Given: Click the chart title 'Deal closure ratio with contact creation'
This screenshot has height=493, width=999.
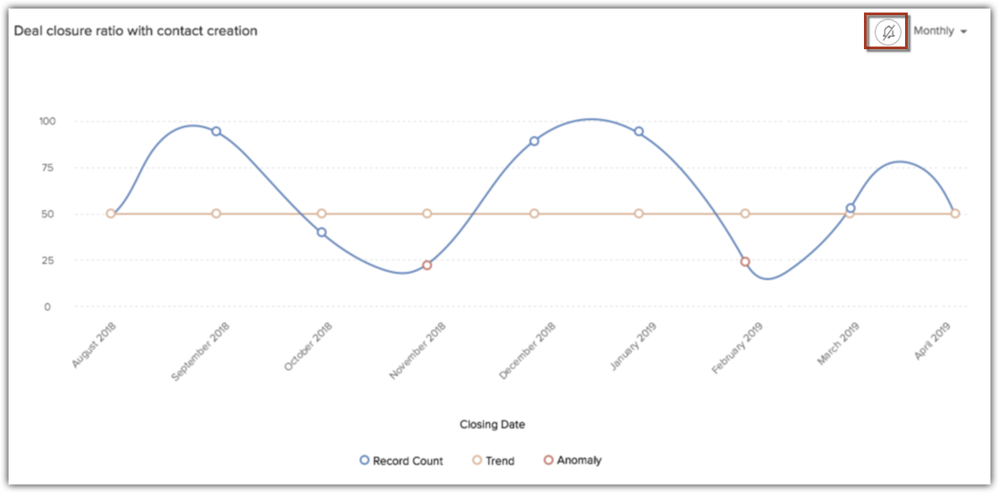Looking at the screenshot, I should tap(135, 31).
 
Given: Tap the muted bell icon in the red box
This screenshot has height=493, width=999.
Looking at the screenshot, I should tap(887, 32).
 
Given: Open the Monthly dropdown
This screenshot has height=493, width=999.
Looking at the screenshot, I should tap(939, 31).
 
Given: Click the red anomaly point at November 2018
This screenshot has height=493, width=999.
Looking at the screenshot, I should tap(427, 265).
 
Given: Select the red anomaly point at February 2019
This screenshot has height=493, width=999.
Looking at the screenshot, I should tap(745, 262).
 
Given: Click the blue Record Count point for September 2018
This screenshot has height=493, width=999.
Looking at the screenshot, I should tap(216, 132).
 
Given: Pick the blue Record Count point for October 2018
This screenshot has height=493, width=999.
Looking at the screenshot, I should tap(321, 233).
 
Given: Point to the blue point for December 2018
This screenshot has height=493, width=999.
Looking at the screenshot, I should tap(534, 140).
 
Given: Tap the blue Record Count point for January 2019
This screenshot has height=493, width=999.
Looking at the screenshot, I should tap(639, 132).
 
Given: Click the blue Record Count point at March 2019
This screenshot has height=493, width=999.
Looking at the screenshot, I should tap(851, 208).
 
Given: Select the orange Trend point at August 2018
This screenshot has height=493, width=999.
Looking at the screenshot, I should tap(111, 214).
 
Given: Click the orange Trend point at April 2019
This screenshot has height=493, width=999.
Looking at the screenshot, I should tap(955, 214).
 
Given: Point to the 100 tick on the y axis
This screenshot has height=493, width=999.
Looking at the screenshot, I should tap(47, 121).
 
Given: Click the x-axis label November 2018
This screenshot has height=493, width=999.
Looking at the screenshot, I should tap(418, 352).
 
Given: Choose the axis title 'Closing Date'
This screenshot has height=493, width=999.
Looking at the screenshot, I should tap(492, 424).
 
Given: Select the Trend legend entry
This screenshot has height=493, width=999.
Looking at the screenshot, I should tap(493, 461).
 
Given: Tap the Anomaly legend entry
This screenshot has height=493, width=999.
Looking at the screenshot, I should tap(572, 461).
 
